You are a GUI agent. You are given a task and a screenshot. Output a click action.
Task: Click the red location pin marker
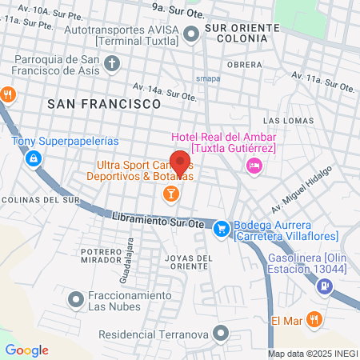pos(180,163)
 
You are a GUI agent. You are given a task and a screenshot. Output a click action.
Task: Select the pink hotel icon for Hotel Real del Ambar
pos(254,166)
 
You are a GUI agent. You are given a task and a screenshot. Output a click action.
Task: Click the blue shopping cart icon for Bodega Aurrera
pos(221,228)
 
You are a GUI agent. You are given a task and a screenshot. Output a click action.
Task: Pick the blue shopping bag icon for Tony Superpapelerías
pos(33,160)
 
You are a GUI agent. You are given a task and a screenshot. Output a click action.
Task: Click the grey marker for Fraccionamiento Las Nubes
pos(76,300)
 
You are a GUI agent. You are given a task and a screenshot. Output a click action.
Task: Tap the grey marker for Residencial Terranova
pos(222,334)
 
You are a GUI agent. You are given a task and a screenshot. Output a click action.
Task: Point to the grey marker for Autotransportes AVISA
pos(191,34)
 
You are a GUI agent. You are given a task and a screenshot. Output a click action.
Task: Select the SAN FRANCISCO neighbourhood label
pos(105,104)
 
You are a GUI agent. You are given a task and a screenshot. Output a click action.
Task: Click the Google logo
pos(26,350)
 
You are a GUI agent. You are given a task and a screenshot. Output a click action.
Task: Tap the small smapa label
pos(207,78)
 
